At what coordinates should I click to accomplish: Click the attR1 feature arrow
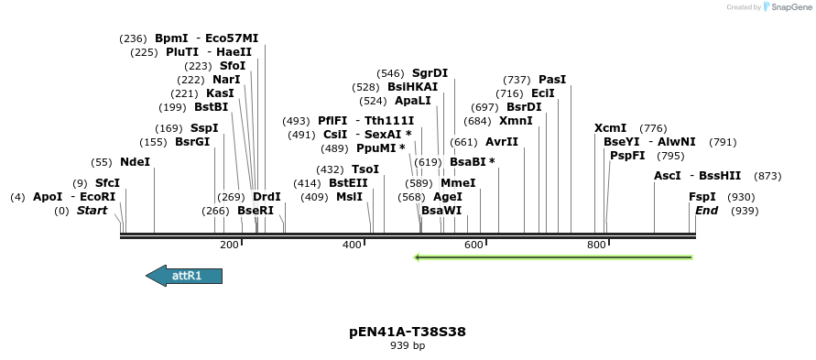(x=185, y=276)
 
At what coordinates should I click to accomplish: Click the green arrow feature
(x=553, y=257)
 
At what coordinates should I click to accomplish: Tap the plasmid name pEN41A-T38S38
(x=408, y=332)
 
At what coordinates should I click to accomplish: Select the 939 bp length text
(x=408, y=346)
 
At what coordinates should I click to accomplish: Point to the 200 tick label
(x=229, y=245)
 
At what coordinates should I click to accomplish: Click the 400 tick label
(x=352, y=245)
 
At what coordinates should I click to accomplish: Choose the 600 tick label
(x=473, y=245)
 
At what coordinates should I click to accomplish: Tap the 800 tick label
(x=596, y=245)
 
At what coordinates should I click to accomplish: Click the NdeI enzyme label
(x=135, y=162)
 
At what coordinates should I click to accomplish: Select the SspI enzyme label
(x=204, y=128)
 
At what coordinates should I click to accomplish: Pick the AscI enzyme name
(x=668, y=176)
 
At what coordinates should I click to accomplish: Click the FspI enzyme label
(x=702, y=197)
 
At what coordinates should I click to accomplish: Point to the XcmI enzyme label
(x=611, y=128)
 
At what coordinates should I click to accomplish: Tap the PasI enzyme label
(x=552, y=80)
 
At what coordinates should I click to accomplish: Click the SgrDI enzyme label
(x=430, y=73)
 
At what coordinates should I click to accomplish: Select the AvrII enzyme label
(x=502, y=142)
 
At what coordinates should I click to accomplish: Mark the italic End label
(x=706, y=211)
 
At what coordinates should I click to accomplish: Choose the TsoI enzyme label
(x=365, y=169)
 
